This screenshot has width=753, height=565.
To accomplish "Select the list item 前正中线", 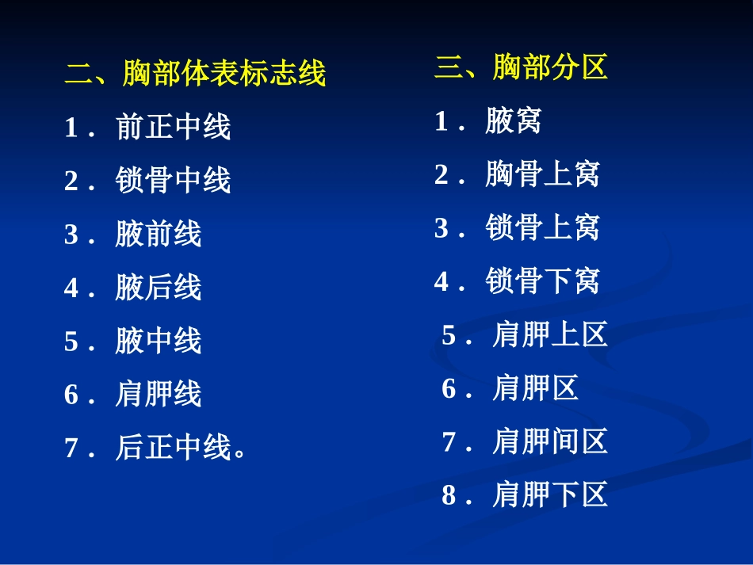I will [x=173, y=127].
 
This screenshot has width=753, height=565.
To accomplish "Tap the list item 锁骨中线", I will [x=173, y=181].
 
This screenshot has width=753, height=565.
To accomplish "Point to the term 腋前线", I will [x=159, y=234].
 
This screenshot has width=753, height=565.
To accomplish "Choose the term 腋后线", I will [x=159, y=288].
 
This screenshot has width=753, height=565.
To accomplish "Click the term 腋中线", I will [x=159, y=341].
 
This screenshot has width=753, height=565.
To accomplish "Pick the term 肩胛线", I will [x=159, y=394].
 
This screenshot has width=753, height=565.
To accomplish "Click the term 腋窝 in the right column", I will [x=514, y=121].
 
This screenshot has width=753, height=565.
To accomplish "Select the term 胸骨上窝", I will [x=543, y=174].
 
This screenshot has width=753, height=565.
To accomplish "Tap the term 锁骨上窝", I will [x=543, y=228].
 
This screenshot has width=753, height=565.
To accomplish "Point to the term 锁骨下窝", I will [x=543, y=281].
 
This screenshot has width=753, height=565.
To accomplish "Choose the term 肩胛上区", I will [x=550, y=335].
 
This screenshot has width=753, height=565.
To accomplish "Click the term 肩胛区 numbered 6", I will [x=536, y=388].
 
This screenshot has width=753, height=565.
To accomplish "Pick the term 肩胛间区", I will [x=550, y=441].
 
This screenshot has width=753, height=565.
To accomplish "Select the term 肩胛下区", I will [x=550, y=495].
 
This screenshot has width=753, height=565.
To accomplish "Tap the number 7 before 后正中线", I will [x=71, y=449].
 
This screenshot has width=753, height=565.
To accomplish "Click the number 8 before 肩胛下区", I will [x=449, y=496].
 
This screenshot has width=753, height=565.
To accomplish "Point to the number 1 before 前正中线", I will [x=71, y=128].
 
